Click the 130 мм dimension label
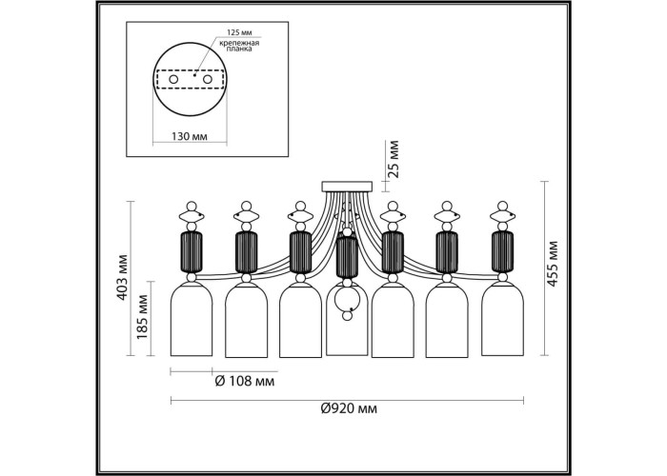point(190,136)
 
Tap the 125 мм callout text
point(239,32)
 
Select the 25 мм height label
point(394,158)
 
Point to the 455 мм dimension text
point(552,264)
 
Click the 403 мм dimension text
point(123,277)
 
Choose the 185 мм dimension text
point(143,317)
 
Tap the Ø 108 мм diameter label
point(245,381)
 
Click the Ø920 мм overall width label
point(349,408)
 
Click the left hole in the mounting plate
point(173,79)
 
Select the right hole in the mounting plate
point(207,79)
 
